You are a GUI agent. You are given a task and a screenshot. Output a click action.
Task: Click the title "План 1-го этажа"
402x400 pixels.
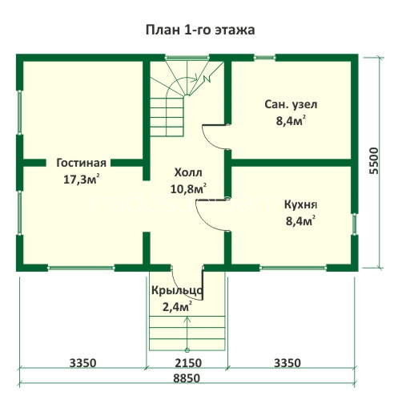200,30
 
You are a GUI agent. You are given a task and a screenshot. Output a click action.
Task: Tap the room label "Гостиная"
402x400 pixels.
82,163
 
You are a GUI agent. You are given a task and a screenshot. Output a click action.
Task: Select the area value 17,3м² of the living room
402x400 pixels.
82,179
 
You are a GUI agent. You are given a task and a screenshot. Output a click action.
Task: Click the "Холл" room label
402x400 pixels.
188,172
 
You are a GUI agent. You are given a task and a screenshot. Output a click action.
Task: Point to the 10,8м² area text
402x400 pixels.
188,188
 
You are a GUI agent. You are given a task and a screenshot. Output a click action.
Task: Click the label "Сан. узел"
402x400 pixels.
291,104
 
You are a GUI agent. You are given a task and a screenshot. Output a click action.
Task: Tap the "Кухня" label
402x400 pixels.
300,205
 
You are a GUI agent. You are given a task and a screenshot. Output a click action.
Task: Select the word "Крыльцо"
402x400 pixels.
177,291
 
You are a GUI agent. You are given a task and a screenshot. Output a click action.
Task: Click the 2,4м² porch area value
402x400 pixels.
177,307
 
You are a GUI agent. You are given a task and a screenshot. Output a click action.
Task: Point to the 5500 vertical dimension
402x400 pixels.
374,161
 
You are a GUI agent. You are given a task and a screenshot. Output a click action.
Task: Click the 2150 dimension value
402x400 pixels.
188,363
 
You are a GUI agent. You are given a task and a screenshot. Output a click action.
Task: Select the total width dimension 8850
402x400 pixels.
187,378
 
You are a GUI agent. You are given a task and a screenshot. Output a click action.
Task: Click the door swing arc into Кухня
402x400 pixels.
206,219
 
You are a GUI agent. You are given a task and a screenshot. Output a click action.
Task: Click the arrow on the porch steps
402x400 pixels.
187,333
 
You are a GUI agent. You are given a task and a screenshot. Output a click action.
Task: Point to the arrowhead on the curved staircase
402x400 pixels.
195,79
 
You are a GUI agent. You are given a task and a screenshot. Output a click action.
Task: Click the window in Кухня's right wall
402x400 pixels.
354,224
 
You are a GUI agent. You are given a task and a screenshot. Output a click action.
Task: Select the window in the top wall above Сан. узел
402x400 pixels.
264,57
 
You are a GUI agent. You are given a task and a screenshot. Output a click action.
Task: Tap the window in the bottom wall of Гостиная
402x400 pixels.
81,268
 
